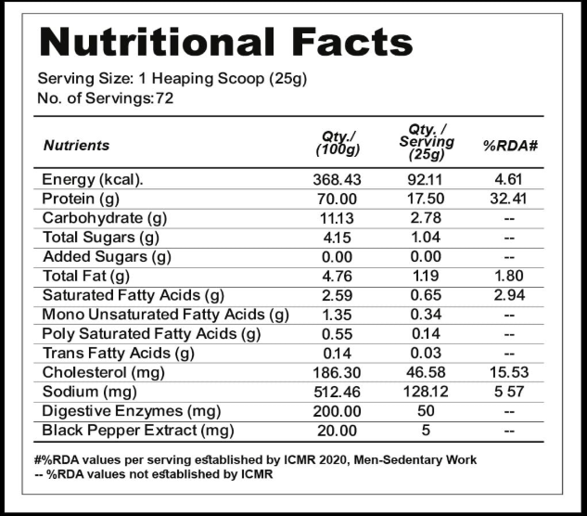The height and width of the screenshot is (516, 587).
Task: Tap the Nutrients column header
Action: tap(76, 145)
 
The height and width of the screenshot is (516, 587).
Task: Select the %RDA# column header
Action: tap(511, 145)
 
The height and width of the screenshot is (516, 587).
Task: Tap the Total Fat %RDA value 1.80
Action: tap(511, 276)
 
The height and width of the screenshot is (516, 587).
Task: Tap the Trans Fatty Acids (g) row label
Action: tap(119, 353)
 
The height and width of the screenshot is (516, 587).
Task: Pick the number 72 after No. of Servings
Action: tap(164, 97)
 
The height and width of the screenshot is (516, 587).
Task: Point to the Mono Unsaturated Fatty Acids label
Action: tap(165, 315)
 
